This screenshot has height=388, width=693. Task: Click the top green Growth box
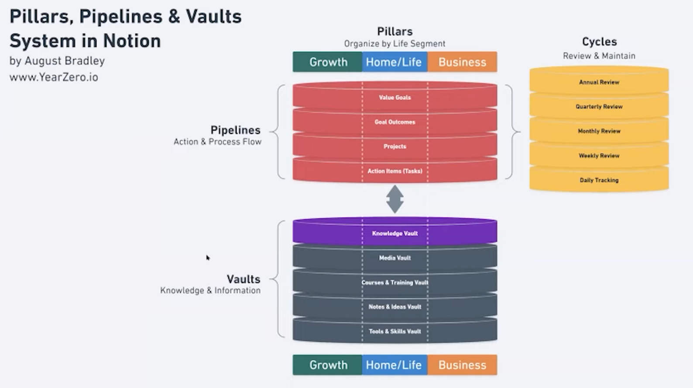click(x=328, y=62)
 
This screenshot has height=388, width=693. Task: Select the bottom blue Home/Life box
click(x=394, y=365)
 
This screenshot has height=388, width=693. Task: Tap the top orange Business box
click(x=462, y=62)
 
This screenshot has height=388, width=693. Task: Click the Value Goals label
click(x=395, y=98)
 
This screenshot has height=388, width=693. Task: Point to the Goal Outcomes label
click(x=395, y=122)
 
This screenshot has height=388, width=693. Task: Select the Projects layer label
click(x=395, y=146)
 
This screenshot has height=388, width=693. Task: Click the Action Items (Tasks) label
click(x=395, y=171)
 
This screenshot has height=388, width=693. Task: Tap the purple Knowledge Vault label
click(x=395, y=233)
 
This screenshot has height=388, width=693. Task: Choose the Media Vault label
click(x=395, y=258)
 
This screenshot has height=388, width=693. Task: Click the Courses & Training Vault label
click(x=395, y=282)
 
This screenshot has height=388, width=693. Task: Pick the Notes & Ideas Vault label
click(x=395, y=307)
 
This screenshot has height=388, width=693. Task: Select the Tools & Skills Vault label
click(x=395, y=331)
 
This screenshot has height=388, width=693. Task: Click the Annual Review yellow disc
click(x=599, y=82)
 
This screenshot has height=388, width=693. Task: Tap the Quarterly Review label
click(x=599, y=107)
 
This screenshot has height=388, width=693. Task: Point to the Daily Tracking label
click(x=599, y=180)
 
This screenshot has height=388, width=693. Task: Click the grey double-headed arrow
click(x=395, y=199)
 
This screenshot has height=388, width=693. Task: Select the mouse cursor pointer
click(x=208, y=258)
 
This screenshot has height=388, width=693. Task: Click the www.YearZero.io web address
click(x=54, y=77)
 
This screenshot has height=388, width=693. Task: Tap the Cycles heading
click(x=599, y=42)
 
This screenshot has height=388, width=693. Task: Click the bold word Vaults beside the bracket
click(x=243, y=279)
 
